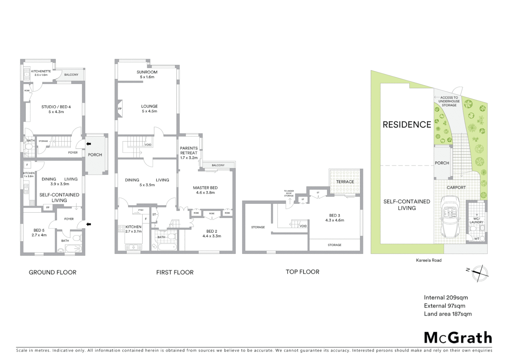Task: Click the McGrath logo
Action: pos(458,338)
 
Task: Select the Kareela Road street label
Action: pos(429,260)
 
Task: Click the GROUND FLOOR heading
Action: pos(53,272)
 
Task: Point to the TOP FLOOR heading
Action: pos(302,272)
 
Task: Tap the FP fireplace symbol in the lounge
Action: pos(120,109)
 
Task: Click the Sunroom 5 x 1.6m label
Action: pos(147,74)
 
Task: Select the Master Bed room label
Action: pos(205,190)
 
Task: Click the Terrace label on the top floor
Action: pos(345,182)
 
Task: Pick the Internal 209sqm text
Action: pos(446,298)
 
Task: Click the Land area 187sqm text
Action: pos(448,314)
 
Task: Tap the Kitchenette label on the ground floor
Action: pos(41,73)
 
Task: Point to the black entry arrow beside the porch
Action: pos(88,144)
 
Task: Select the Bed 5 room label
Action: pos(39,233)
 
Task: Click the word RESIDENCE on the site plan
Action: pos(407,125)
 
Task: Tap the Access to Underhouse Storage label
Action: pos(449,101)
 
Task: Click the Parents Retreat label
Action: pos(189,153)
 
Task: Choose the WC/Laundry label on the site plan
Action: pos(476,220)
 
